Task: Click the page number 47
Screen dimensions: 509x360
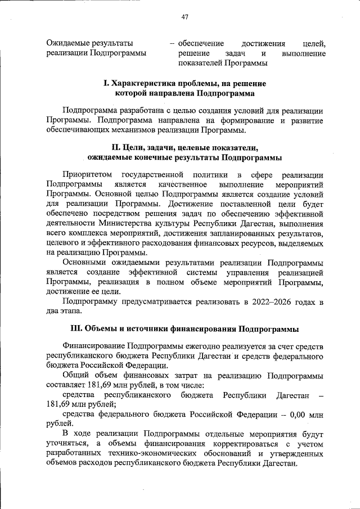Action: [184, 17]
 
